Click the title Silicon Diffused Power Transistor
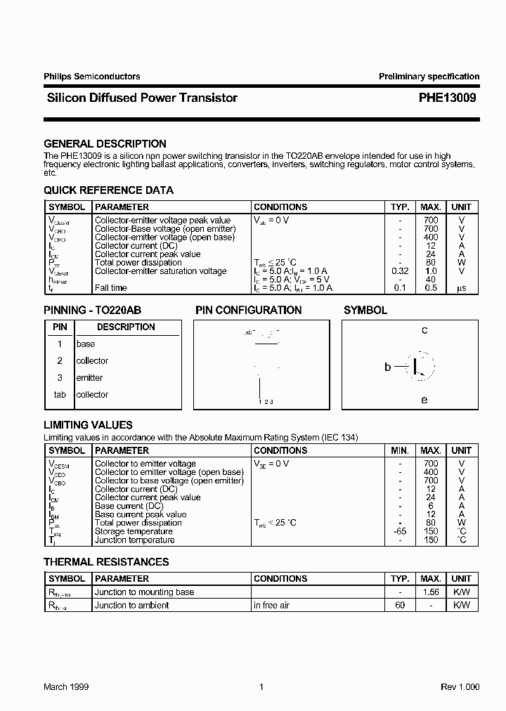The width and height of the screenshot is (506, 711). click(141, 98)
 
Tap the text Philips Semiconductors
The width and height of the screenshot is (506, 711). click(92, 77)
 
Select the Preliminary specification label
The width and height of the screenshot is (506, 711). click(429, 77)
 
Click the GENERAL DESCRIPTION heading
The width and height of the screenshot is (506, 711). click(105, 144)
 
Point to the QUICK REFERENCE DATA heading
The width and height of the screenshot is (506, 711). click(108, 190)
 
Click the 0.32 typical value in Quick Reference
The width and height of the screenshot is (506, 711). click(400, 271)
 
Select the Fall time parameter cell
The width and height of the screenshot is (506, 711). click(111, 288)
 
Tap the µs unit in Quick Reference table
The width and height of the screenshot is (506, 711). click(461, 288)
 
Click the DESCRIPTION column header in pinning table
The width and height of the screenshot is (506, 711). click(126, 327)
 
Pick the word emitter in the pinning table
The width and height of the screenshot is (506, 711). click(89, 378)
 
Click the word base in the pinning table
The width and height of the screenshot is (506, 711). click(86, 344)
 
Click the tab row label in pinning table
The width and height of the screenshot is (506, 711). click(60, 395)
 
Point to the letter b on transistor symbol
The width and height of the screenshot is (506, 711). click(387, 367)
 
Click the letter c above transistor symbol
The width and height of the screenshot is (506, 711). click(424, 330)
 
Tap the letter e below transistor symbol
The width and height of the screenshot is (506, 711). click(424, 400)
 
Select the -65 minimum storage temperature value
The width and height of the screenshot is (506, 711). click(399, 531)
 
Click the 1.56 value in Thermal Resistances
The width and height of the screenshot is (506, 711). click(431, 592)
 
